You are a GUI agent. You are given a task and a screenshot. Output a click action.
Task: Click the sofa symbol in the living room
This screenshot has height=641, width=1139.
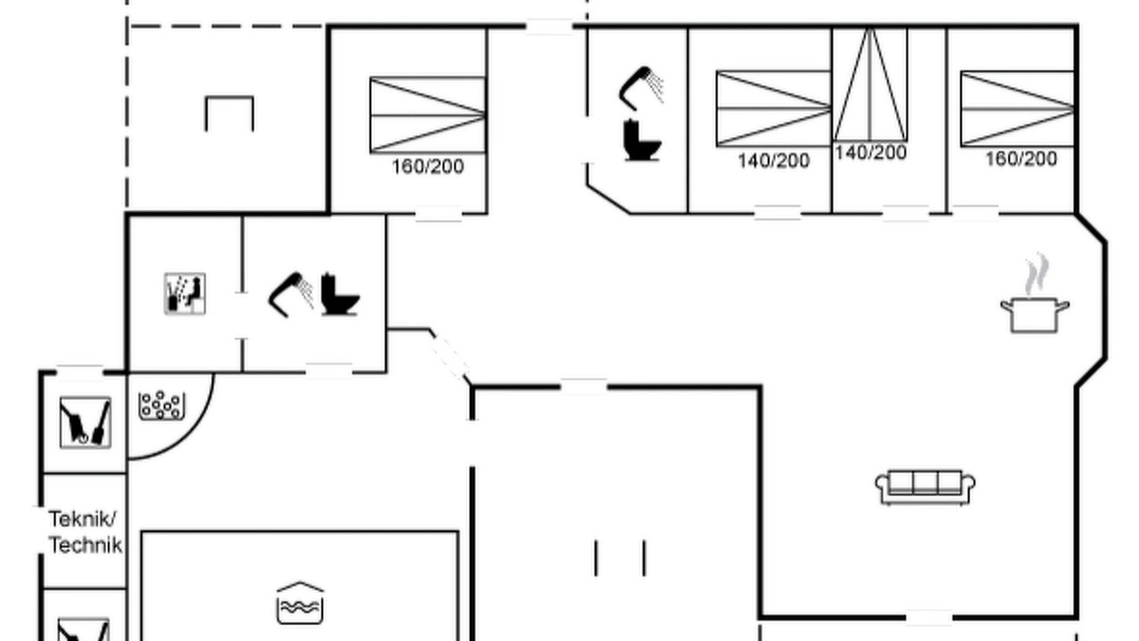pyautogui.click(x=925, y=487)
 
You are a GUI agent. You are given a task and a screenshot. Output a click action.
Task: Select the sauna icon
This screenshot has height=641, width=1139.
pyautogui.click(x=185, y=294)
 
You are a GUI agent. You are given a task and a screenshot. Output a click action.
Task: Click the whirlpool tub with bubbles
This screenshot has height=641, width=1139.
pyautogui.click(x=162, y=405)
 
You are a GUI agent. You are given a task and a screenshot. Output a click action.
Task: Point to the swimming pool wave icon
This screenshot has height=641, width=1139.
pyautogui.click(x=300, y=603)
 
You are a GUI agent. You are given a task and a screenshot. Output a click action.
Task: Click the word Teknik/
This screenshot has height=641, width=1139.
pyautogui.click(x=83, y=519)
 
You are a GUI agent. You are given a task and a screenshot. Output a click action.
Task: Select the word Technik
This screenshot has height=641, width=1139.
pyautogui.click(x=85, y=546)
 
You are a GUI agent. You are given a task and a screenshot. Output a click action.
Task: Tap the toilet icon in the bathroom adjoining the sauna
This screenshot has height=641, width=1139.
pyautogui.click(x=340, y=295)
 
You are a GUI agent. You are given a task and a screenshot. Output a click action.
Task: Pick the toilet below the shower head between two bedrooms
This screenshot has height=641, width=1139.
pyautogui.click(x=642, y=140)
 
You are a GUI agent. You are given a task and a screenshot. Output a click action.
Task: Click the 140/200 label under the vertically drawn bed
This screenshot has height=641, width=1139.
pyautogui.click(x=870, y=152)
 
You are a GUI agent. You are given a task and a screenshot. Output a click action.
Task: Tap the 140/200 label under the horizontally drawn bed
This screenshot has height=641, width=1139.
pyautogui.click(x=773, y=161)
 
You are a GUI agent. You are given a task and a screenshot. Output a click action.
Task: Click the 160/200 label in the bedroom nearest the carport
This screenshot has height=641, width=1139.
pyautogui.click(x=428, y=166)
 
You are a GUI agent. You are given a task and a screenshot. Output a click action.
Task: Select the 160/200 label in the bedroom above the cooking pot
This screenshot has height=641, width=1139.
pyautogui.click(x=1021, y=159)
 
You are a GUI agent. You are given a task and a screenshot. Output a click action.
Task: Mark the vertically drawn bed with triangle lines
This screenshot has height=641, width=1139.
pyautogui.click(x=870, y=85)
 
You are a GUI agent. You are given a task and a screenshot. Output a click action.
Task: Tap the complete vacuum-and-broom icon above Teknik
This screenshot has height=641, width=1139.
pyautogui.click(x=85, y=423)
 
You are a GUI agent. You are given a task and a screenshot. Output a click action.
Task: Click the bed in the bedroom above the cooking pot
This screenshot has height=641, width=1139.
pyautogui.click(x=1017, y=109)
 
